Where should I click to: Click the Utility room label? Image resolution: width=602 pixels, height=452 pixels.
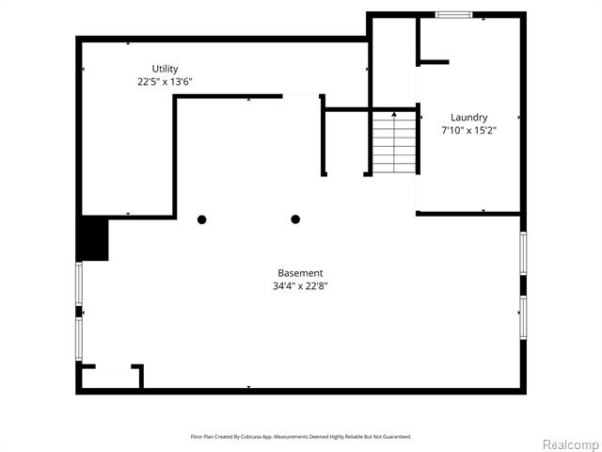166,69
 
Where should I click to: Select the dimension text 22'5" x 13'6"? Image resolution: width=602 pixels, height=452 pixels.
165,82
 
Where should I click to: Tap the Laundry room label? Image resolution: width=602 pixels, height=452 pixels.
468,117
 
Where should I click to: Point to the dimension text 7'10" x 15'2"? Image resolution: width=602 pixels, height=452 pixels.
468,130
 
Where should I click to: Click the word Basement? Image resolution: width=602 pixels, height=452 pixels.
300,273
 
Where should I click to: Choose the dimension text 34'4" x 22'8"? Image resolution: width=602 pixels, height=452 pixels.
300,286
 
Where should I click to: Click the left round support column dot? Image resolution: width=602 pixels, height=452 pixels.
202,219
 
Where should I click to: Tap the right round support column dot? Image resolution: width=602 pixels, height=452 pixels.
295,219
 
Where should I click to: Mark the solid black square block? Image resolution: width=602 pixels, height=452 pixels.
92,238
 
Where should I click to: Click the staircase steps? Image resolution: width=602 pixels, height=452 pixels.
394,142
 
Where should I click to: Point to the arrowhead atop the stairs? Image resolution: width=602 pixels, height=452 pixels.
394,114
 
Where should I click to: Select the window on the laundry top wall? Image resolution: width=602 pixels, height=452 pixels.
453,15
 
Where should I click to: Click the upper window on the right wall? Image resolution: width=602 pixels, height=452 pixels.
523,253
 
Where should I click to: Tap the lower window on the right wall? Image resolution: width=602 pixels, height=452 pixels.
523,317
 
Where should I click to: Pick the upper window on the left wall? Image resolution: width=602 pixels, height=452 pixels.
79,283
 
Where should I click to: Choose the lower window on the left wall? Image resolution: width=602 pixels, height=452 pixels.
79,339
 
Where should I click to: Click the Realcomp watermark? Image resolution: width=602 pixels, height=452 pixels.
571,444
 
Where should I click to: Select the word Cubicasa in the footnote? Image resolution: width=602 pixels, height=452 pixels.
251,437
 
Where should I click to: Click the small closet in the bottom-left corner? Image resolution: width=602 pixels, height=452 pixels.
111,378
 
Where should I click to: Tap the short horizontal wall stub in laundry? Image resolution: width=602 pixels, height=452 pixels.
434,62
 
